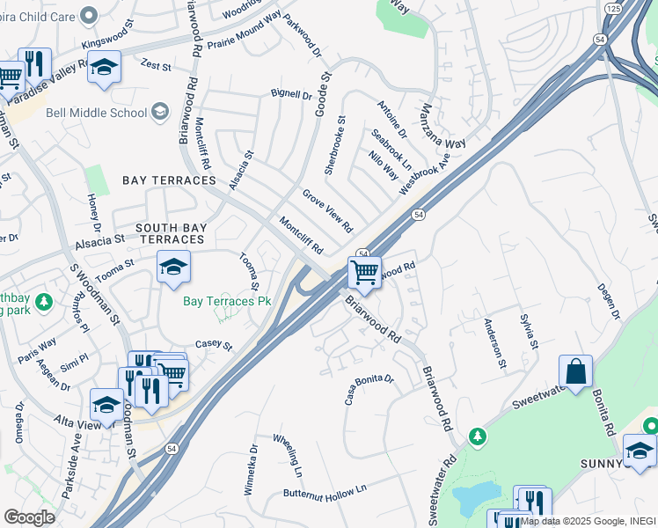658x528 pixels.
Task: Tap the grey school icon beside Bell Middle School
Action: click(160, 112)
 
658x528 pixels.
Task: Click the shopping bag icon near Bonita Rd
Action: click(575, 372)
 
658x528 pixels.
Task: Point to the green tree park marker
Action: click(477, 436)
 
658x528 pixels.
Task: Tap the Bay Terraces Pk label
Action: click(226, 301)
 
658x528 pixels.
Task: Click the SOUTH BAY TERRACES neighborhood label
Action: click(171, 233)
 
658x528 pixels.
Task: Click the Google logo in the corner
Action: click(29, 517)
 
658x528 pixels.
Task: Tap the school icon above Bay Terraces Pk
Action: click(173, 268)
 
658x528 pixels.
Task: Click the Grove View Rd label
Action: click(327, 209)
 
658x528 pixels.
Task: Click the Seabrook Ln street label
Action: click(391, 150)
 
